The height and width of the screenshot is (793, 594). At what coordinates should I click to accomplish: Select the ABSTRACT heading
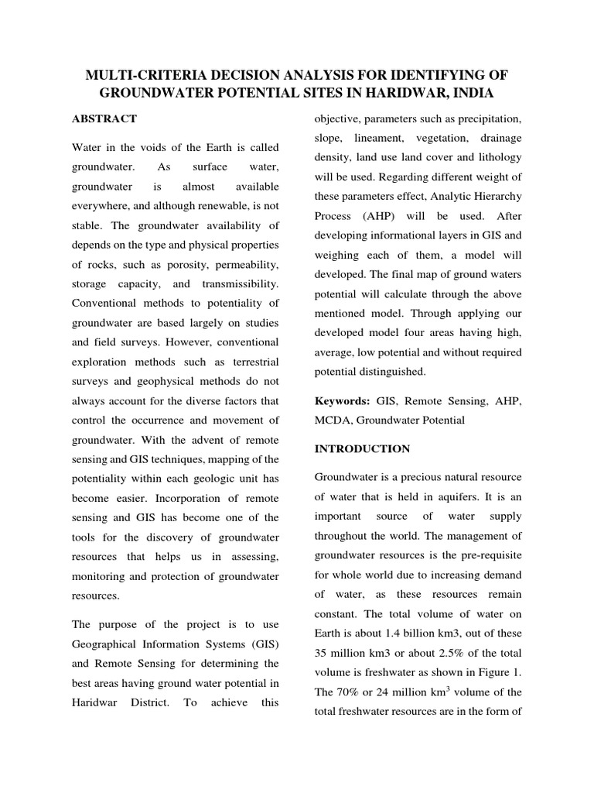[x=104, y=118]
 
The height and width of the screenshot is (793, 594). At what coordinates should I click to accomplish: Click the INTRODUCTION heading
[x=362, y=448]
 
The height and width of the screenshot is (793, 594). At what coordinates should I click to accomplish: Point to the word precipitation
[x=486, y=118]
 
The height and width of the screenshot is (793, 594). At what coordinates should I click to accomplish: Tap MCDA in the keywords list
[x=330, y=421]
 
